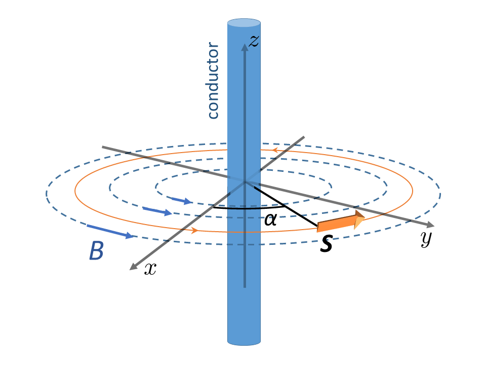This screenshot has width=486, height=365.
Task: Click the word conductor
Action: click(214, 82)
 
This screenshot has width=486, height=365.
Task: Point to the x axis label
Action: click(150, 269)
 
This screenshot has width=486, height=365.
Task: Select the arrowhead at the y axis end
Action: click(430, 225)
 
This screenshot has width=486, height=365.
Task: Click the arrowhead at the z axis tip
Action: click(245, 47)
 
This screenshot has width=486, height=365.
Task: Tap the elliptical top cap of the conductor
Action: click(245, 23)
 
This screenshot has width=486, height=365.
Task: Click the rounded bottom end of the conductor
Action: click(245, 341)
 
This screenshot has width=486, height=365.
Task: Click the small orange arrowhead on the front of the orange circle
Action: click(194, 231)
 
